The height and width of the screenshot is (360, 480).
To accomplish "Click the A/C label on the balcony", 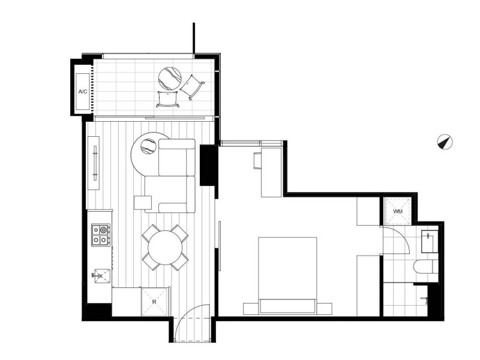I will click(x=83, y=92).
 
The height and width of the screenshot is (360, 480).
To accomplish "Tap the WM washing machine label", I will click(x=397, y=212).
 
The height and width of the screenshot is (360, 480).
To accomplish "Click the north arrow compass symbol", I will click(x=445, y=142).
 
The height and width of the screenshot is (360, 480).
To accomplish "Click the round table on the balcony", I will click(x=169, y=78).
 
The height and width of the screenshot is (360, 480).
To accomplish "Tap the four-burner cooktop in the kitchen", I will click(x=100, y=234).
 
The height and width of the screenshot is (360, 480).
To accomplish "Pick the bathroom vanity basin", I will click(x=430, y=241).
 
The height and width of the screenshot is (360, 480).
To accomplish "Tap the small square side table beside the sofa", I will click(x=142, y=203).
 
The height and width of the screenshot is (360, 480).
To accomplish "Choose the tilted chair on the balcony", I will click(x=193, y=86).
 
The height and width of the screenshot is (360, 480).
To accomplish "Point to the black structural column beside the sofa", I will click(x=208, y=164).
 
